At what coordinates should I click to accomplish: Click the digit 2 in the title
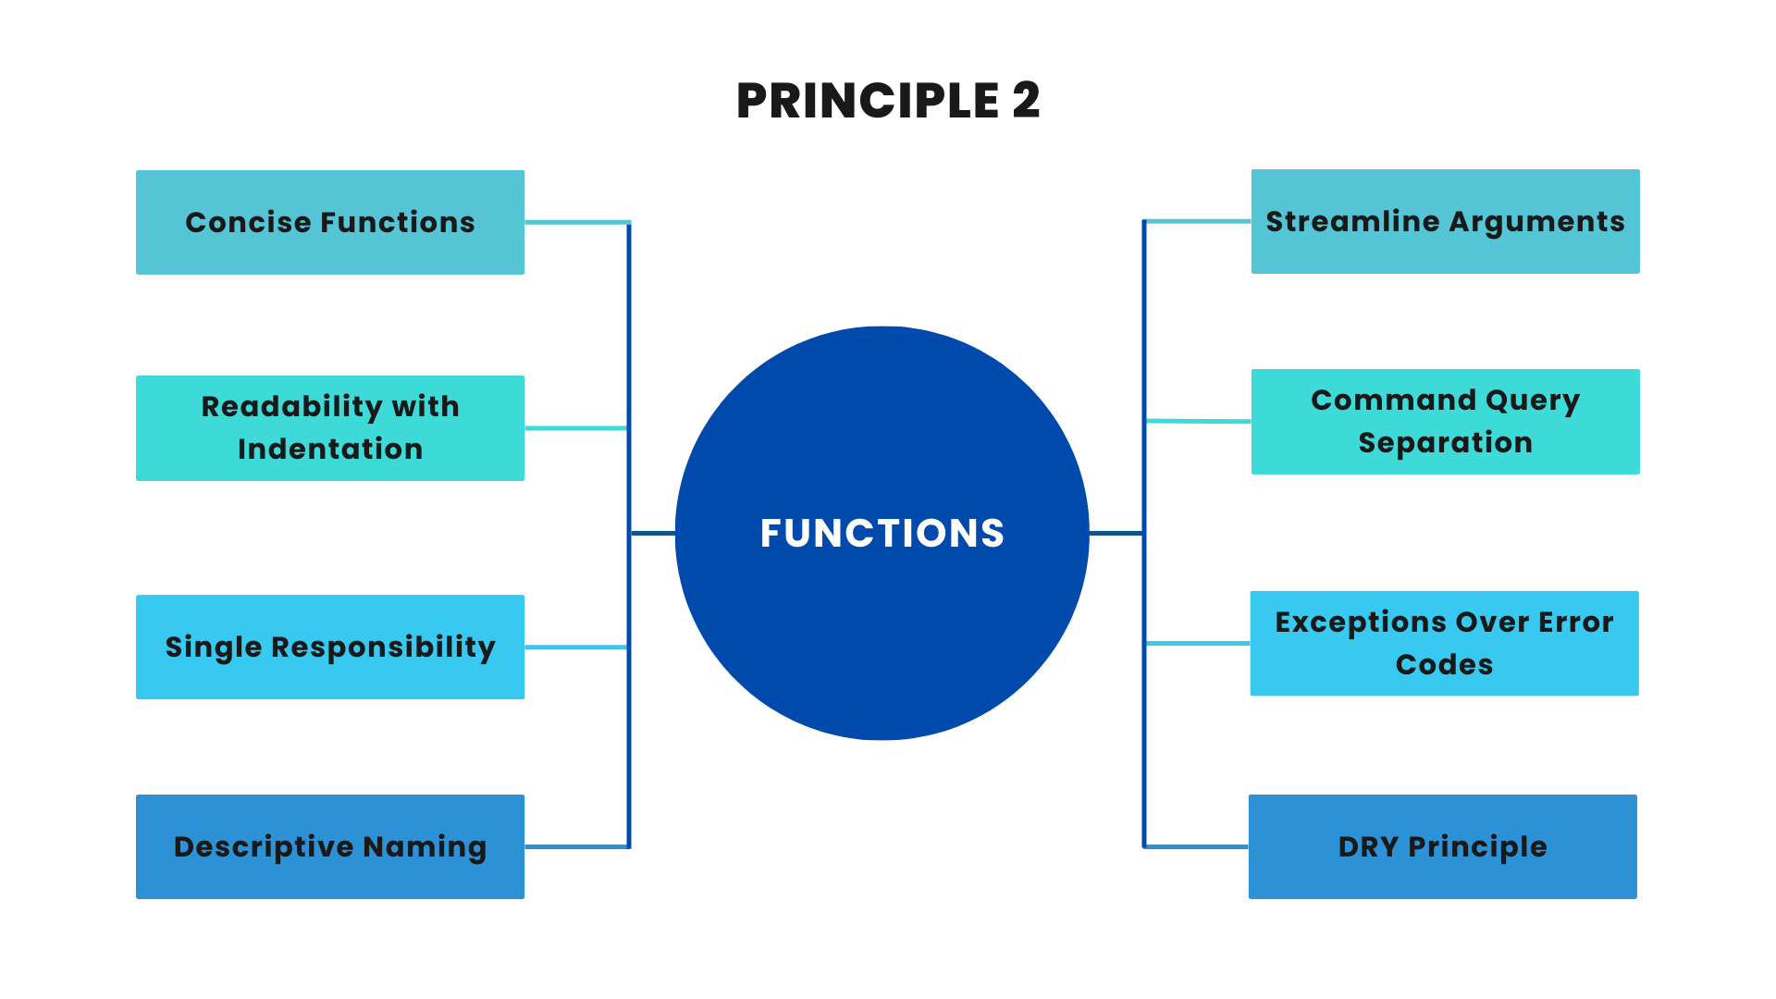pos(1026,100)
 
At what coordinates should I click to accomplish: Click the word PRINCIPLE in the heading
pos(868,100)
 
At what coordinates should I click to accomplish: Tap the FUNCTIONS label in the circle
pos(882,533)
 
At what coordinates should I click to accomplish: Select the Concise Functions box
pos(330,222)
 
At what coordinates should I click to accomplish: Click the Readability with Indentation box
pos(330,427)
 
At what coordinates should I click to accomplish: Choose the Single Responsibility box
pos(330,647)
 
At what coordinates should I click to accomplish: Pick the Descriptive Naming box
pos(330,846)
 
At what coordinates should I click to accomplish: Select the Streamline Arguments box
pos(1445,221)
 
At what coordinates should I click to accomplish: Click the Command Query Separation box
pos(1445,422)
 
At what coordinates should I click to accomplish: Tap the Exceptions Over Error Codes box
pos(1444,643)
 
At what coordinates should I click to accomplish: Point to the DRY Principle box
pos(1442,846)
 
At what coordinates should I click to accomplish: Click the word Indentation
pos(330,449)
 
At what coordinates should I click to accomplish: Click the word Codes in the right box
pos(1444,664)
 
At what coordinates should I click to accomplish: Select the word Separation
pos(1445,442)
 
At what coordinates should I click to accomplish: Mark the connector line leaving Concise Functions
pos(576,222)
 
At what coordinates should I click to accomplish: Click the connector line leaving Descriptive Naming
pos(576,846)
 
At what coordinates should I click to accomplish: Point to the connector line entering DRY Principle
pos(1196,846)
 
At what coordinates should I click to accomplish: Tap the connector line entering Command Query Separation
pos(1198,421)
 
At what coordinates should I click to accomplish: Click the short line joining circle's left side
pos(653,533)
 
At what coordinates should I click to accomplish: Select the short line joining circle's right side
pos(1116,533)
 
